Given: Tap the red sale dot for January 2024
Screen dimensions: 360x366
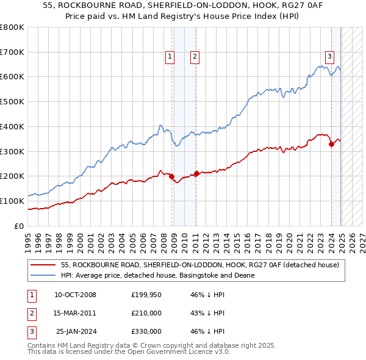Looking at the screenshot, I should point(331,144).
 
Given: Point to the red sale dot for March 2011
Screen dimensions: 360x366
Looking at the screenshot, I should point(196,173).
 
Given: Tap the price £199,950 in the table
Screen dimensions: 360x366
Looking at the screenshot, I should point(146,295).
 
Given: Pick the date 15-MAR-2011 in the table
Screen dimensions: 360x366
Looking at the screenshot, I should point(75,313).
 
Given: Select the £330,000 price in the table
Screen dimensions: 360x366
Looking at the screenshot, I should point(146,331).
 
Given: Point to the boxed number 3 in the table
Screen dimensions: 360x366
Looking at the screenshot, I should point(31,331).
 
